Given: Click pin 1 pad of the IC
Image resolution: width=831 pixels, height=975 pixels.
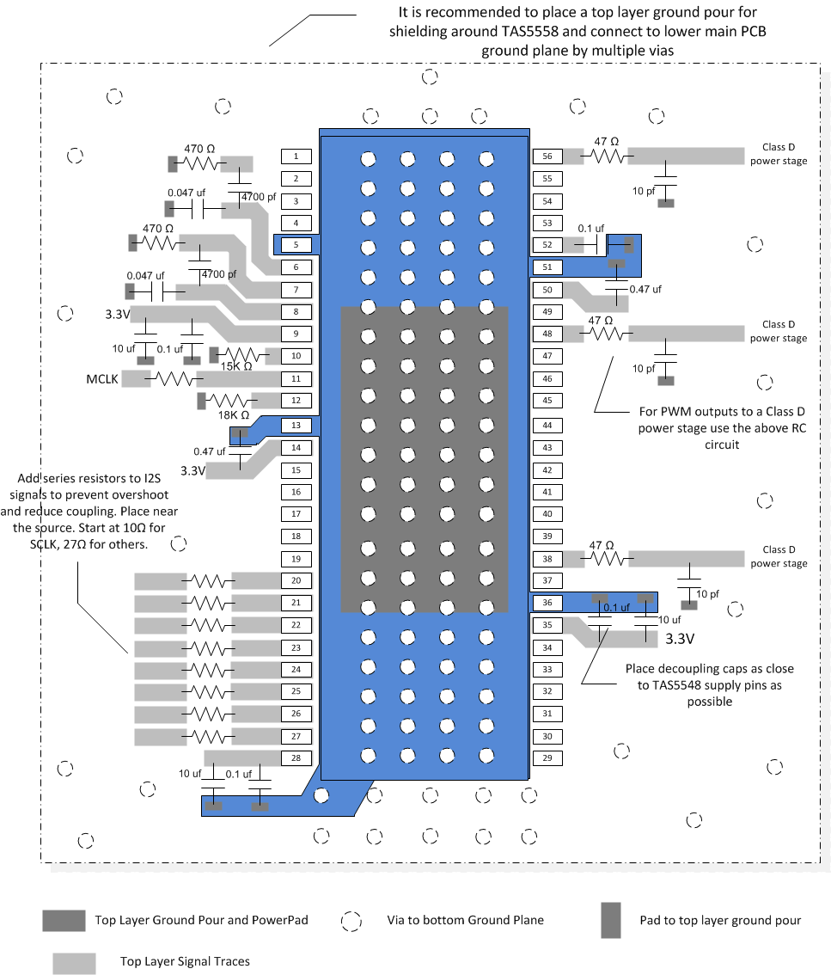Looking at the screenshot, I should point(296,156).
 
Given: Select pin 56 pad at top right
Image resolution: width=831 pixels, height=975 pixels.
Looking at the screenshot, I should point(547,156).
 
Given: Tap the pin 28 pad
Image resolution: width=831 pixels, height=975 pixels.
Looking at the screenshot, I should point(296,757).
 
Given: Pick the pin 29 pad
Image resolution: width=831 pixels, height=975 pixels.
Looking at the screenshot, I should point(547,758).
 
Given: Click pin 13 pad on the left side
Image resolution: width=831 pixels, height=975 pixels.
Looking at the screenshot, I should point(296,426).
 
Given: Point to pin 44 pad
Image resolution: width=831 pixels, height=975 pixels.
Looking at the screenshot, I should point(547,426).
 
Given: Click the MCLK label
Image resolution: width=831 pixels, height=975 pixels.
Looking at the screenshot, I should point(101,379).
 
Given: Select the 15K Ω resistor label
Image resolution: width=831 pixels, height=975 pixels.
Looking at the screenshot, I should point(235,367).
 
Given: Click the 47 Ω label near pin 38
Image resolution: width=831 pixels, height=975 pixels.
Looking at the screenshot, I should point(602,545).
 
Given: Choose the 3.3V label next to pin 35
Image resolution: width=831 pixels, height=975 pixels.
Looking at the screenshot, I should point(680,640).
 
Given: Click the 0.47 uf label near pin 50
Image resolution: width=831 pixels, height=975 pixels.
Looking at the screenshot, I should point(645,290).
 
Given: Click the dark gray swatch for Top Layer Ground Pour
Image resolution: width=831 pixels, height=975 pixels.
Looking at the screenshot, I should point(64,920).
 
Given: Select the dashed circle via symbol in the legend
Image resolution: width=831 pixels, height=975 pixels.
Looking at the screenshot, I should point(351,921).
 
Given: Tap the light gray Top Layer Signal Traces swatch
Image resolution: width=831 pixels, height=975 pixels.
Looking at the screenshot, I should point(74,963).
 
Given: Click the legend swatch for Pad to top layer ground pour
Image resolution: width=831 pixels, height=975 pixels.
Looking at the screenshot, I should point(610,921).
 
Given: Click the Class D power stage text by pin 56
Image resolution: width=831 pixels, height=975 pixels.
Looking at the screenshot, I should point(779,154).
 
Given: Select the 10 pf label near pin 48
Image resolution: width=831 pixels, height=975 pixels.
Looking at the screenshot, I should point(642,369).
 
